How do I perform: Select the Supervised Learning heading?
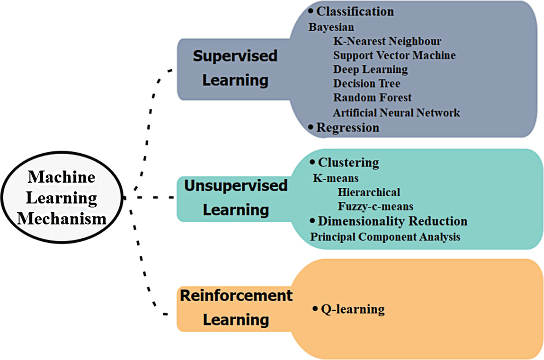tap(235, 68)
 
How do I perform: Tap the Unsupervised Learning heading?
tap(236, 198)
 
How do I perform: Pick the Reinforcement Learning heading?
tap(236, 307)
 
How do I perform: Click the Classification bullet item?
tap(351, 11)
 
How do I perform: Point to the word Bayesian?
tap(331, 27)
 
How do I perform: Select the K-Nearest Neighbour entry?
tap(387, 41)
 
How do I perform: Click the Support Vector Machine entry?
tap(394, 55)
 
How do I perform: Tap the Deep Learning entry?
tap(370, 70)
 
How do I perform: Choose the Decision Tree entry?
tap(367, 84)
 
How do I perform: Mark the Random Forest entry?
tap(372, 98)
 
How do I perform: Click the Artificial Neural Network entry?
tap(396, 112)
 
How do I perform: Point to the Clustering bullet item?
tap(344, 162)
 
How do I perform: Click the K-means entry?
tap(336, 178)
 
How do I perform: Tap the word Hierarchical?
tap(369, 192)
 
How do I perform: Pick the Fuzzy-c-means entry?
tap(376, 206)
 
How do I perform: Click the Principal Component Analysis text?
tap(385, 237)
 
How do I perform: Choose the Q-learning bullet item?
tap(349, 310)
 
